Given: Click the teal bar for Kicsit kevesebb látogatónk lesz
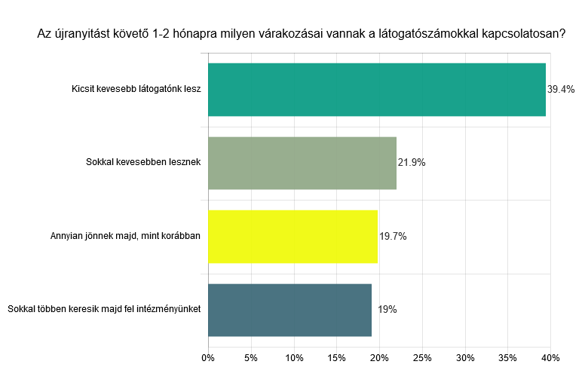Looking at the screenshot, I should pyautogui.click(x=376, y=90).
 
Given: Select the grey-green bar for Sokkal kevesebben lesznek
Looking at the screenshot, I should pyautogui.click(x=302, y=163).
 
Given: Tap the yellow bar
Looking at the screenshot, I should pyautogui.click(x=292, y=236).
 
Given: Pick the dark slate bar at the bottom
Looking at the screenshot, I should pyautogui.click(x=289, y=310).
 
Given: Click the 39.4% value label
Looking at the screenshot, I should pyautogui.click(x=561, y=90).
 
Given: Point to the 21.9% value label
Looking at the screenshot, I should pyautogui.click(x=412, y=163).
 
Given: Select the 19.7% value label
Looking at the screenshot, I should pyautogui.click(x=393, y=236).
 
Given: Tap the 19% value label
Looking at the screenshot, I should pyautogui.click(x=387, y=310).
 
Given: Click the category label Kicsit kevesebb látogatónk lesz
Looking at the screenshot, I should pyautogui.click(x=136, y=90).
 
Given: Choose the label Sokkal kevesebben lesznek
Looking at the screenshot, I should pyautogui.click(x=143, y=163).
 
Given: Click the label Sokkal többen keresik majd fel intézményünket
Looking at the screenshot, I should pyautogui.click(x=103, y=310).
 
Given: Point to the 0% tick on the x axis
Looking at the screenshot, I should pyautogui.click(x=208, y=357).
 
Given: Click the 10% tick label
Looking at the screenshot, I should pyautogui.click(x=294, y=357).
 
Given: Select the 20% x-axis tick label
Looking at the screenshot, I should pyautogui.click(x=379, y=357).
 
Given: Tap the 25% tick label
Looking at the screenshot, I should pyautogui.click(x=422, y=357).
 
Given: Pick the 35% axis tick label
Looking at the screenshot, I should pyautogui.click(x=508, y=357).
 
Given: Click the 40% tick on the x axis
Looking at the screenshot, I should pyautogui.click(x=550, y=357).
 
